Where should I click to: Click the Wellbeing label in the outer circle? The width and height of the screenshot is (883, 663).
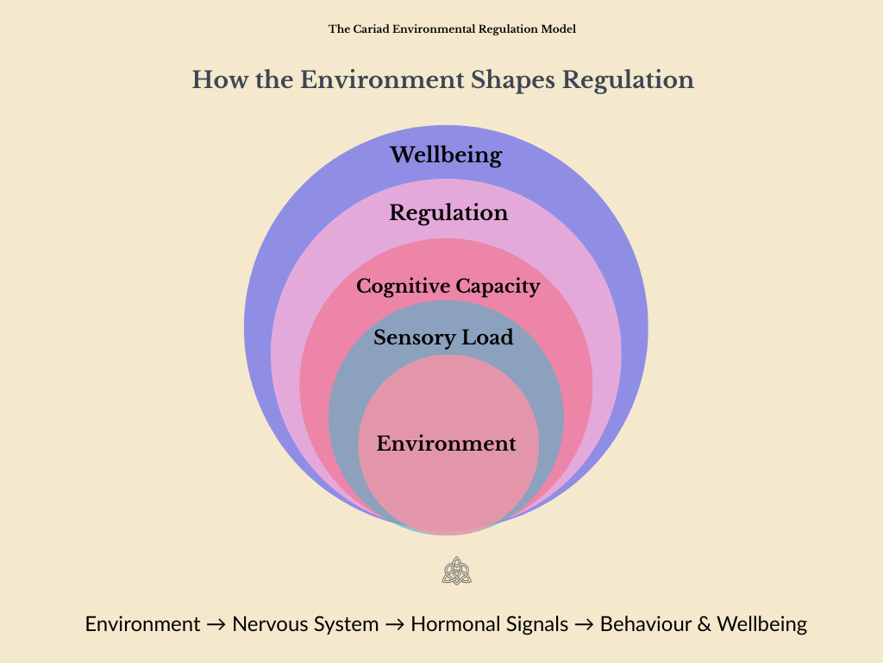[x=446, y=155]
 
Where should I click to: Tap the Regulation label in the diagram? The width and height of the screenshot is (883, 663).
[x=448, y=212]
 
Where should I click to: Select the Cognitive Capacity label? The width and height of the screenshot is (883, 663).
[x=448, y=286]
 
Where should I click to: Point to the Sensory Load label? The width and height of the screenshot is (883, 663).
[x=443, y=338]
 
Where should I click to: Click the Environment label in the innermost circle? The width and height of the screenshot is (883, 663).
[x=447, y=444]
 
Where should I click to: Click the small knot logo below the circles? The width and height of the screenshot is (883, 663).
[x=456, y=571]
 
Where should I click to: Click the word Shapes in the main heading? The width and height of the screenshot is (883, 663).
[x=513, y=80]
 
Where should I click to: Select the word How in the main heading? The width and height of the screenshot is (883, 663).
[x=213, y=80]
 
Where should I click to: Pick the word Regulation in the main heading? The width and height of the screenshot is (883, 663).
[x=628, y=80]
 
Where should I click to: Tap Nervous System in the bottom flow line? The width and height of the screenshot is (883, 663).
[x=305, y=624]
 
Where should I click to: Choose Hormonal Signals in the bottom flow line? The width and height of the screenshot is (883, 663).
[x=489, y=624]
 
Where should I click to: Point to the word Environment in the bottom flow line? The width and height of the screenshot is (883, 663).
[x=142, y=624]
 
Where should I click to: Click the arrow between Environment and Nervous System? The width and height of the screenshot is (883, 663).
[x=216, y=624]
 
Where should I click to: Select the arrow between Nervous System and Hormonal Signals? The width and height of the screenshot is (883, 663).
[x=395, y=624]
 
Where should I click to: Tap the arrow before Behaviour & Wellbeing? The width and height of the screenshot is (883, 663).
[x=584, y=624]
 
